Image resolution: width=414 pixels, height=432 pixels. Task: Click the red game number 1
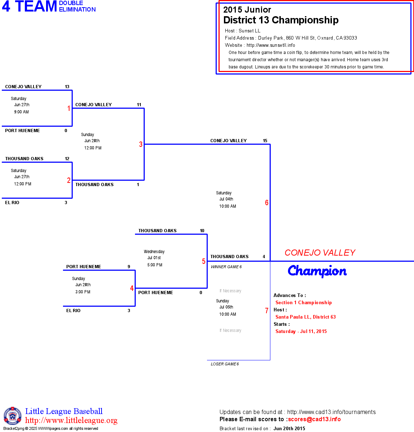coord(69,108)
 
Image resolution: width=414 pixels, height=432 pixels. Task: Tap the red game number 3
coord(141,144)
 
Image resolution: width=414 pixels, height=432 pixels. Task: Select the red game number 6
coord(267,203)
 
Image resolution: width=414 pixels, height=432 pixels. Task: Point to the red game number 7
coord(267,311)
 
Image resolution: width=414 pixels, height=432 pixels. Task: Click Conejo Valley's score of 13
coord(67,87)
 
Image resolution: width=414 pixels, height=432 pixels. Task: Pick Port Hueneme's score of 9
coord(129,267)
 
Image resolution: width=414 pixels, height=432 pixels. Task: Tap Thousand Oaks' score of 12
coord(67,159)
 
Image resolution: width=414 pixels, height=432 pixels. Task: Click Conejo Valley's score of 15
coord(265,141)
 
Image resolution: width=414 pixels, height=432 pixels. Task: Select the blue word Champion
coord(317,271)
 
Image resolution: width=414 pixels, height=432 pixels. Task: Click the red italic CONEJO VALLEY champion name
coord(320,253)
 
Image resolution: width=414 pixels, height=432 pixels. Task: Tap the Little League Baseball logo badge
coord(13,416)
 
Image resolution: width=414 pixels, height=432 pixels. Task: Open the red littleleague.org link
coord(71,420)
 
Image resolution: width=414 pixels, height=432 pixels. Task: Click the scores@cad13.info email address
coord(314,419)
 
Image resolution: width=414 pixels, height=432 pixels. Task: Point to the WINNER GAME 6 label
coord(226,267)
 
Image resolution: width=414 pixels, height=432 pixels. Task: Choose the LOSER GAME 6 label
coord(225,364)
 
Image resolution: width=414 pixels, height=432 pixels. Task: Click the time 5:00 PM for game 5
coord(155,265)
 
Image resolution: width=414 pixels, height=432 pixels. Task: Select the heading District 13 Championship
coord(281,20)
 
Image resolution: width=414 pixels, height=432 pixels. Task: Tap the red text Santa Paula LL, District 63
coord(305,317)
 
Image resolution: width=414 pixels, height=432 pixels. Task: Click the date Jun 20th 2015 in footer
coord(289,428)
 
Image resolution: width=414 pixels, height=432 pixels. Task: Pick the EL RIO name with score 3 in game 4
coord(73,311)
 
